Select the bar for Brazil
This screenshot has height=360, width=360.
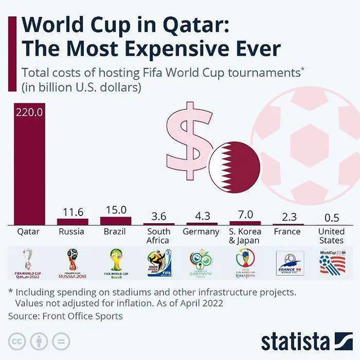tap(115, 220)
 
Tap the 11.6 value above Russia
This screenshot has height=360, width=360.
tap(73, 212)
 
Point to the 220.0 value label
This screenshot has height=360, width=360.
tap(29, 112)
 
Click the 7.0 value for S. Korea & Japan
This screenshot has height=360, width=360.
tap(245, 214)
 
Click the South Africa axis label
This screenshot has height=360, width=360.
tap(159, 236)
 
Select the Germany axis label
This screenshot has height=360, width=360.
tap(201, 231)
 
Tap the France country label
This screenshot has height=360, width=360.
tap(287, 231)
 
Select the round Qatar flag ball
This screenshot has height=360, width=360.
tap(235, 166)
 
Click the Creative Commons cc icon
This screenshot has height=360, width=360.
tap(17, 341)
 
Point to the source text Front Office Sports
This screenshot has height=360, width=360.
tap(82, 316)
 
